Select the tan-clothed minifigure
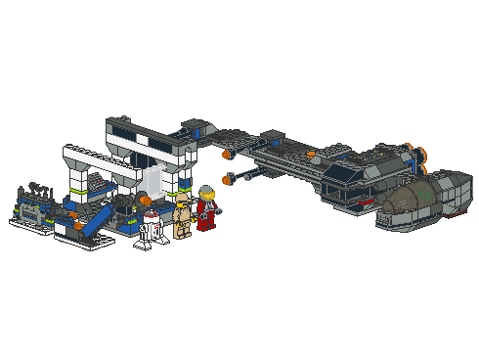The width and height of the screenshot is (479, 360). pyautogui.click(x=183, y=217)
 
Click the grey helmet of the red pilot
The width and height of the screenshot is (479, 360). pyautogui.click(x=206, y=193)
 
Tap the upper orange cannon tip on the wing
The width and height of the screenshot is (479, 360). pyautogui.click(x=226, y=155)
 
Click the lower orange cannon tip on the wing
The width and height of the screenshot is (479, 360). pyautogui.click(x=231, y=179)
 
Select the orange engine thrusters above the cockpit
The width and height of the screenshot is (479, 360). pyautogui.click(x=421, y=153)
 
